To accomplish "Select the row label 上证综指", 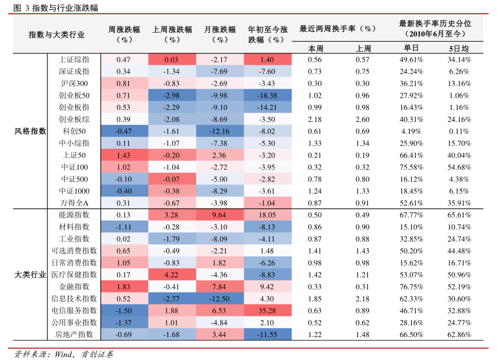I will pos(74,60).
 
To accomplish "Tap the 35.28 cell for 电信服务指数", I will pos(267,310).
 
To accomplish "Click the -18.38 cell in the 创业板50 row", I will pos(267,96).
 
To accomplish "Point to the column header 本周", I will pos(316,48).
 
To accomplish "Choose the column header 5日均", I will pos(459,48).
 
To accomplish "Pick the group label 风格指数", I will pos(30,131).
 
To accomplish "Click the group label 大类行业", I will pos(30,274).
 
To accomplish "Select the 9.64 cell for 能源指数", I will pos(219,215).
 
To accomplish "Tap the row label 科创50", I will pos(74,131).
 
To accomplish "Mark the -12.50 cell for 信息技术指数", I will pos(219,298).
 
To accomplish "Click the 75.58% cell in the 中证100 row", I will pos(411,167).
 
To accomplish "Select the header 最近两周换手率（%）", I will pos(337,29).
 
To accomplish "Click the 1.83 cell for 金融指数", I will pos(123,286).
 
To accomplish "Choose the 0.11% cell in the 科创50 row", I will pos(459,131).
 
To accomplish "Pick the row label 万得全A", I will pos(74,203).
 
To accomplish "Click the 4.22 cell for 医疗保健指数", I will pos(172,274).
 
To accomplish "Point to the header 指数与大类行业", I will pos(57,34).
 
